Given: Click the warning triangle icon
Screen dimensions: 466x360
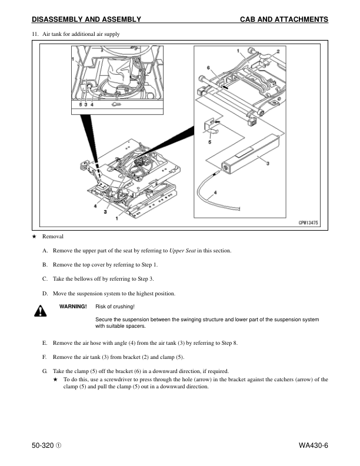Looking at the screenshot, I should click(40, 311).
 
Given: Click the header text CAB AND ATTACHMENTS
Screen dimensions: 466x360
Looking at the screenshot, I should click(284, 19).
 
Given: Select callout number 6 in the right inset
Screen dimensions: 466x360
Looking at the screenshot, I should click(208, 68).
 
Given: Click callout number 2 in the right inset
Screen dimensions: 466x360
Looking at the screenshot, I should click(278, 52).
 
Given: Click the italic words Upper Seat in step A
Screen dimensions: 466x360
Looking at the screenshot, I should click(184, 251).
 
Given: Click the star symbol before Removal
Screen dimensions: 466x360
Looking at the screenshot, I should click(34, 236).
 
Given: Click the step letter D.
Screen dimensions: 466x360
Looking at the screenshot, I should click(45, 293).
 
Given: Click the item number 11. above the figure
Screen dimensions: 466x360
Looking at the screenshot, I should click(35, 34).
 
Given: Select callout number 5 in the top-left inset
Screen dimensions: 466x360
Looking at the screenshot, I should click(81, 105).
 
